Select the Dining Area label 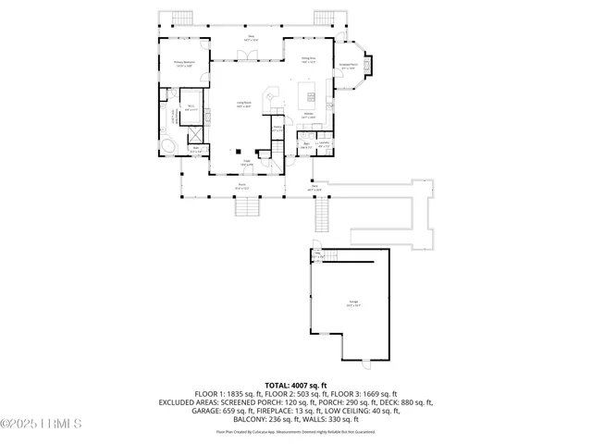coord(309,61)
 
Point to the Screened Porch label coord(350,67)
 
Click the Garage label coord(352,302)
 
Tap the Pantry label coord(277,130)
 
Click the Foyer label coord(247,164)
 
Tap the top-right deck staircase coord(324,18)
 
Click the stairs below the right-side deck coord(323,217)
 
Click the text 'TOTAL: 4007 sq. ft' coord(296,385)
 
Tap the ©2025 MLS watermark coord(43,425)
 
